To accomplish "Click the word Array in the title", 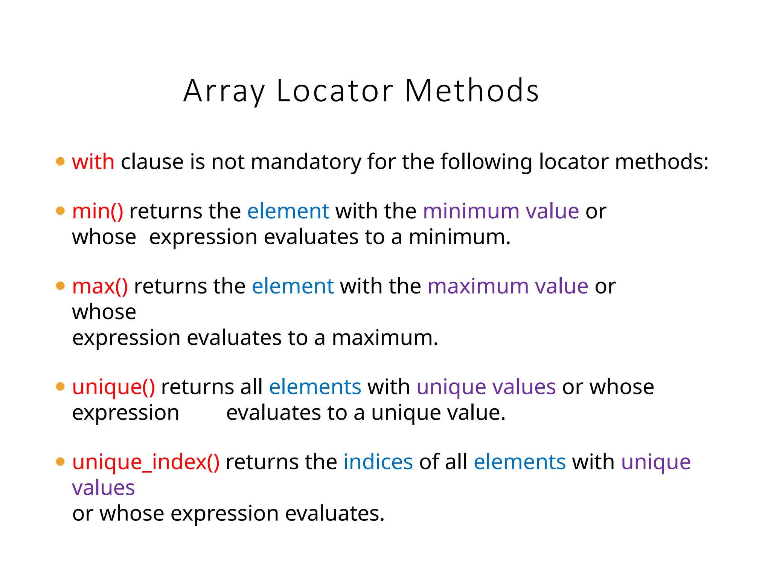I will (x=224, y=91).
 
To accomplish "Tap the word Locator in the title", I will (x=335, y=91).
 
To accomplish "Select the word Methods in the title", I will (x=472, y=91).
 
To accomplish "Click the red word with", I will (x=93, y=162).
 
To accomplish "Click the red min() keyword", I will (x=98, y=211).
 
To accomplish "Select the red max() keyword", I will (x=100, y=286).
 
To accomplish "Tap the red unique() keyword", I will (x=113, y=387).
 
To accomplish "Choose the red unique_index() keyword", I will (x=146, y=462).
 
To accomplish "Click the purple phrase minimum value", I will (x=501, y=211).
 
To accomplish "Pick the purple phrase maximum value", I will (x=507, y=286).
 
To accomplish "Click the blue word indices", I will (x=378, y=462).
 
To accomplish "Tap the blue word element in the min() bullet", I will (x=288, y=211).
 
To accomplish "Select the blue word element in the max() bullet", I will (x=293, y=286).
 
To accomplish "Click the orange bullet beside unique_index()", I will (x=60, y=462).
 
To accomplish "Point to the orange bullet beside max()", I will (x=60, y=286).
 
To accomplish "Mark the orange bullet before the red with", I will (x=60, y=162).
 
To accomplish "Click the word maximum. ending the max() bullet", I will (x=385, y=338).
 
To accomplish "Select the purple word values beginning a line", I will (x=103, y=488).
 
